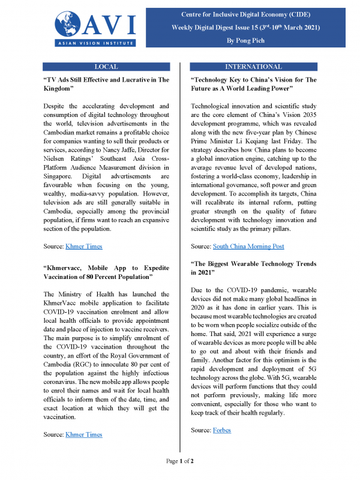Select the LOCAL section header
[x=107, y=67]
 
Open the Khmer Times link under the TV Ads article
[x=85, y=246]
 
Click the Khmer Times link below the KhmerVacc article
[x=85, y=434]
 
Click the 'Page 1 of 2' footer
[x=179, y=461]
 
